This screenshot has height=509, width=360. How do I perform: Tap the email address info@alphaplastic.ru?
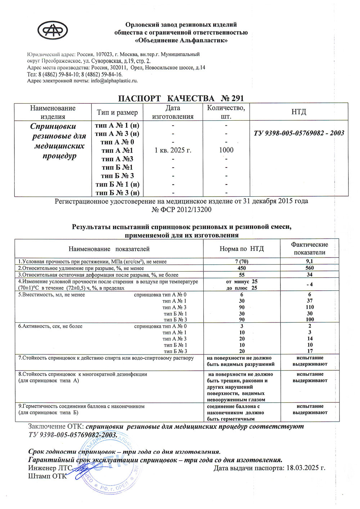tap(114, 81)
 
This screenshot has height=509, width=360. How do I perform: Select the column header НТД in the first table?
tap(298, 112)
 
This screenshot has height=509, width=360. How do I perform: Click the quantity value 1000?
tap(226, 150)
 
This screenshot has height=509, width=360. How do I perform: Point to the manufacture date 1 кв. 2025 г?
tap(173, 150)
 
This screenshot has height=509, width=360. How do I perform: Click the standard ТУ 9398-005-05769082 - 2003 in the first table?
tap(299, 133)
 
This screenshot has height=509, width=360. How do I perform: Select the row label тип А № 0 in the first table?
tap(117, 142)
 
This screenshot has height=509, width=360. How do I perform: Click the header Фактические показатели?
tap(310, 248)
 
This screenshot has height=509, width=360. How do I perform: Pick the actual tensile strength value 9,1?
tap(310, 262)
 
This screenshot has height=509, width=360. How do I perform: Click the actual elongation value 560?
tap(310, 268)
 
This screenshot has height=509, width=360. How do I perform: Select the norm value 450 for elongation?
tap(242, 268)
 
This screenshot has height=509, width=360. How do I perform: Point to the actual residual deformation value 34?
tap(310, 274)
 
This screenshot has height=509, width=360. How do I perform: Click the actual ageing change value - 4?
tap(309, 284)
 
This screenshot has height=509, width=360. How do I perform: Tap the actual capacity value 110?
tap(310, 307)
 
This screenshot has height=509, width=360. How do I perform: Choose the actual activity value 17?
tap(310, 351)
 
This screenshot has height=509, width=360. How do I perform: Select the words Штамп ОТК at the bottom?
tap(48, 476)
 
